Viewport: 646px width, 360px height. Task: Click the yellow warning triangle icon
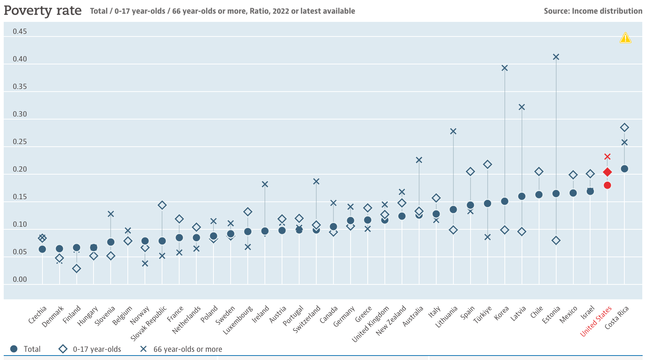coord(625,38)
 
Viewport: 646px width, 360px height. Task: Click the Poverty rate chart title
coord(42,10)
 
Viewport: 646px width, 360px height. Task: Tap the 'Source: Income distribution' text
coord(593,11)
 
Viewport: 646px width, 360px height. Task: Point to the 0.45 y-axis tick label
coord(20,31)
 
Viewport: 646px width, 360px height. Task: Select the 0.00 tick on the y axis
coord(20,279)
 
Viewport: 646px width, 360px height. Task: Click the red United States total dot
coord(607,185)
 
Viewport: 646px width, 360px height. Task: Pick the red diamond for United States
coord(607,172)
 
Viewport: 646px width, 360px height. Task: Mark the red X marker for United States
coord(607,157)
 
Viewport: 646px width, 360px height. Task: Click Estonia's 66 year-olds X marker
coord(556,57)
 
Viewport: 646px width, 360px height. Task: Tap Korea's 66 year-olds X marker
coord(505,68)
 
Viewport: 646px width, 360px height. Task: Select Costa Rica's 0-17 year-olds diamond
coord(624,128)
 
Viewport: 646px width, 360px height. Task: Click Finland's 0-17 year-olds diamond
coord(76,268)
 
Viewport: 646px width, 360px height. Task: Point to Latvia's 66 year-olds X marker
coord(522,107)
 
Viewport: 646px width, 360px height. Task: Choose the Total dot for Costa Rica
coord(624,169)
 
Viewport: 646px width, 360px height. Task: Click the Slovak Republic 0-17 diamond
coord(162,205)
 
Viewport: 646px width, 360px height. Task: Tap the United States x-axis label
coord(596,321)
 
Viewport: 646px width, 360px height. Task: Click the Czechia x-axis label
coord(38,315)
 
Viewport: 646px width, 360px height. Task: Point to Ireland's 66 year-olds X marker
coord(265,184)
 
